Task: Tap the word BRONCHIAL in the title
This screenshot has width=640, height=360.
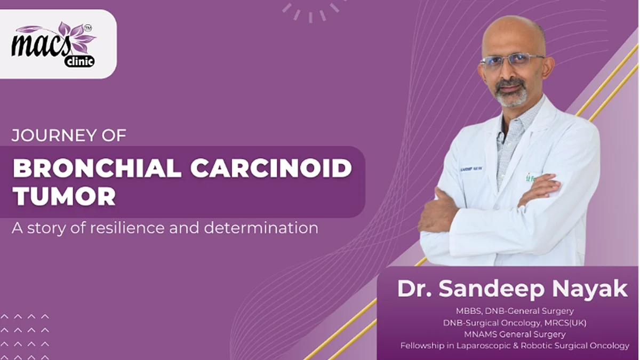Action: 97,169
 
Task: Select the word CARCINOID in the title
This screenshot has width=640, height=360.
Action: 271,169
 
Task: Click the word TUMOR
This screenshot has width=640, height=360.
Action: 65,196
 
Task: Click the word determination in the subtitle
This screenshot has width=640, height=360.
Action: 261,228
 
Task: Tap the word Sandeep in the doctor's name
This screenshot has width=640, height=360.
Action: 491,289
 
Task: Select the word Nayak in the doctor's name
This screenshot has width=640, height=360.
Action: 589,289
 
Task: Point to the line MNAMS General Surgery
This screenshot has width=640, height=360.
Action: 515,334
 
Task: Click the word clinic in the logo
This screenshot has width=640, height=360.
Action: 79,61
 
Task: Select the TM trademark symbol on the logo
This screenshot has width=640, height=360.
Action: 87,28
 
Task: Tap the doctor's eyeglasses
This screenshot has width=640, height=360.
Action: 513,61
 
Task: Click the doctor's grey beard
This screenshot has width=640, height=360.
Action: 511,93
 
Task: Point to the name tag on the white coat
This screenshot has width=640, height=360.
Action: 471,169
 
